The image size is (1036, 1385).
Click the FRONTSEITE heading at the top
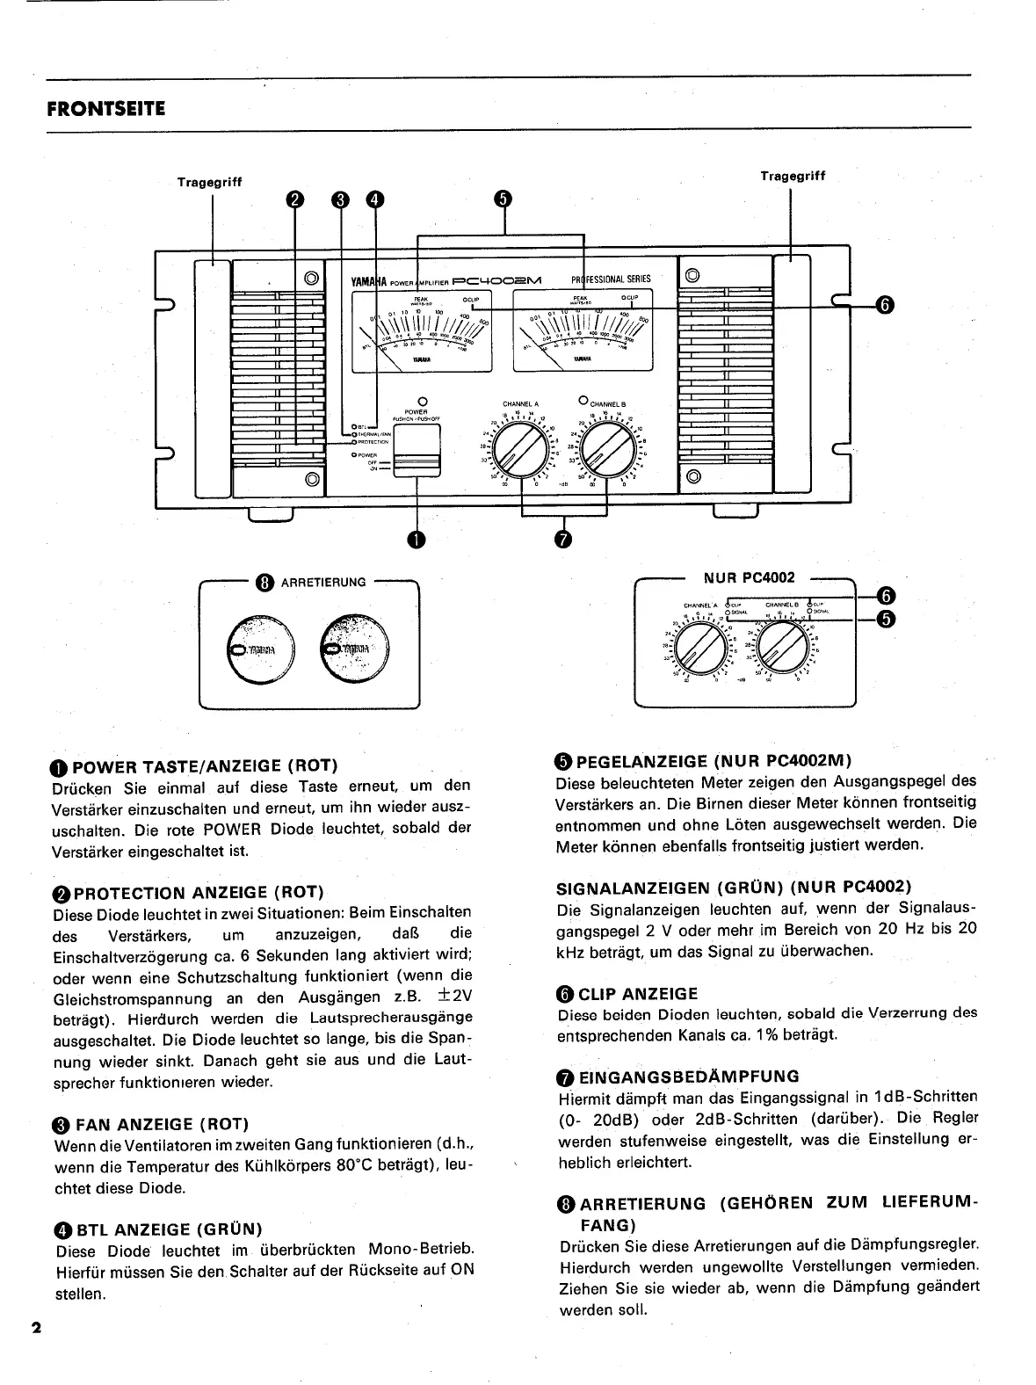tap(105, 110)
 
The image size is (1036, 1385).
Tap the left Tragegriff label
tap(210, 182)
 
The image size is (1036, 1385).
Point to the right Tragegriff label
tap(793, 176)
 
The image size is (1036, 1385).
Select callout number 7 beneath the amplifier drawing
tap(564, 539)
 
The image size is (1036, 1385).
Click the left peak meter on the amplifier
tap(422, 332)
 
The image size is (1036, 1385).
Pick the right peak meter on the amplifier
tap(586, 332)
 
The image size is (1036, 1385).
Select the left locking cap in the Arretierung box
tap(262, 649)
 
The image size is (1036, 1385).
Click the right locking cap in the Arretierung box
tap(353, 649)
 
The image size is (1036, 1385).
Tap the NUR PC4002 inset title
tap(749, 577)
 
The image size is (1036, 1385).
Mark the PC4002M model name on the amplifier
tap(502, 280)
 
